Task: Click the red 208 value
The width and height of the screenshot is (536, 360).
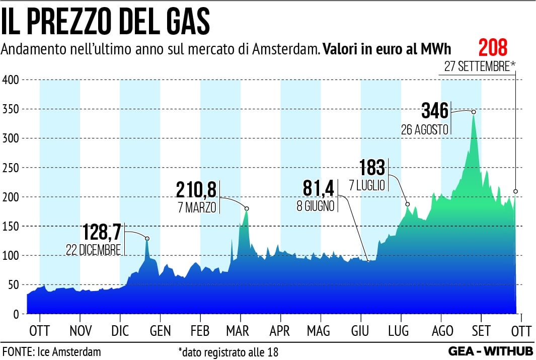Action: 493,48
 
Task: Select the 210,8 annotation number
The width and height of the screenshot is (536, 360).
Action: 196,190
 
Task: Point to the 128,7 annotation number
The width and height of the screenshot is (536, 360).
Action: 102,233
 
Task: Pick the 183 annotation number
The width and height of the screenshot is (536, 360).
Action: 372,168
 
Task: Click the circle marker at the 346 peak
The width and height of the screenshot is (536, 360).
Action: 474,112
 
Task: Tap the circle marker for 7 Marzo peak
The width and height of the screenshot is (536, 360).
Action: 247,208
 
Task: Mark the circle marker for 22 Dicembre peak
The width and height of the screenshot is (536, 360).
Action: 147,239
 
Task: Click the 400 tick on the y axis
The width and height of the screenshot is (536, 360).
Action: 10,80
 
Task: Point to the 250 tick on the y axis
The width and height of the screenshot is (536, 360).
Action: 10,168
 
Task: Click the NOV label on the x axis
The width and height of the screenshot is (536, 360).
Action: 81,331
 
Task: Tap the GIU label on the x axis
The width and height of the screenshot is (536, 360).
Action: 360,331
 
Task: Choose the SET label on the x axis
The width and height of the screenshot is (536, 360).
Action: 481,331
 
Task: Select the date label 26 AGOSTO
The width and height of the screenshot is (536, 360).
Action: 424,129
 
